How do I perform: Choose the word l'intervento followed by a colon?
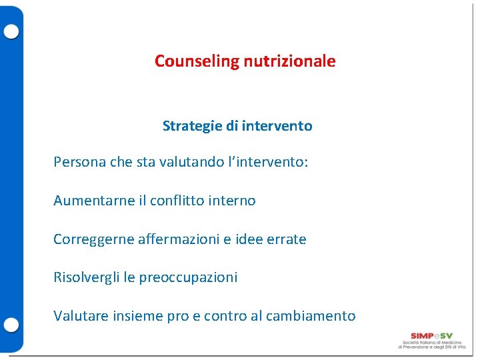pyautogui.click(x=267, y=163)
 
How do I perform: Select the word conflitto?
pyautogui.click(x=179, y=201)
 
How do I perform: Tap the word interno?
pyautogui.click(x=233, y=201)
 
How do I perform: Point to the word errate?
pyautogui.click(x=285, y=239)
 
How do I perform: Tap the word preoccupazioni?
pyautogui.click(x=188, y=277)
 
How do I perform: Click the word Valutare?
pyautogui.click(x=79, y=316)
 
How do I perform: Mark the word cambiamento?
pyautogui.click(x=311, y=316)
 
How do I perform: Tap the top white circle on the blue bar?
pyautogui.click(x=11, y=31)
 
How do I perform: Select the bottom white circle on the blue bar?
pyautogui.click(x=11, y=325)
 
